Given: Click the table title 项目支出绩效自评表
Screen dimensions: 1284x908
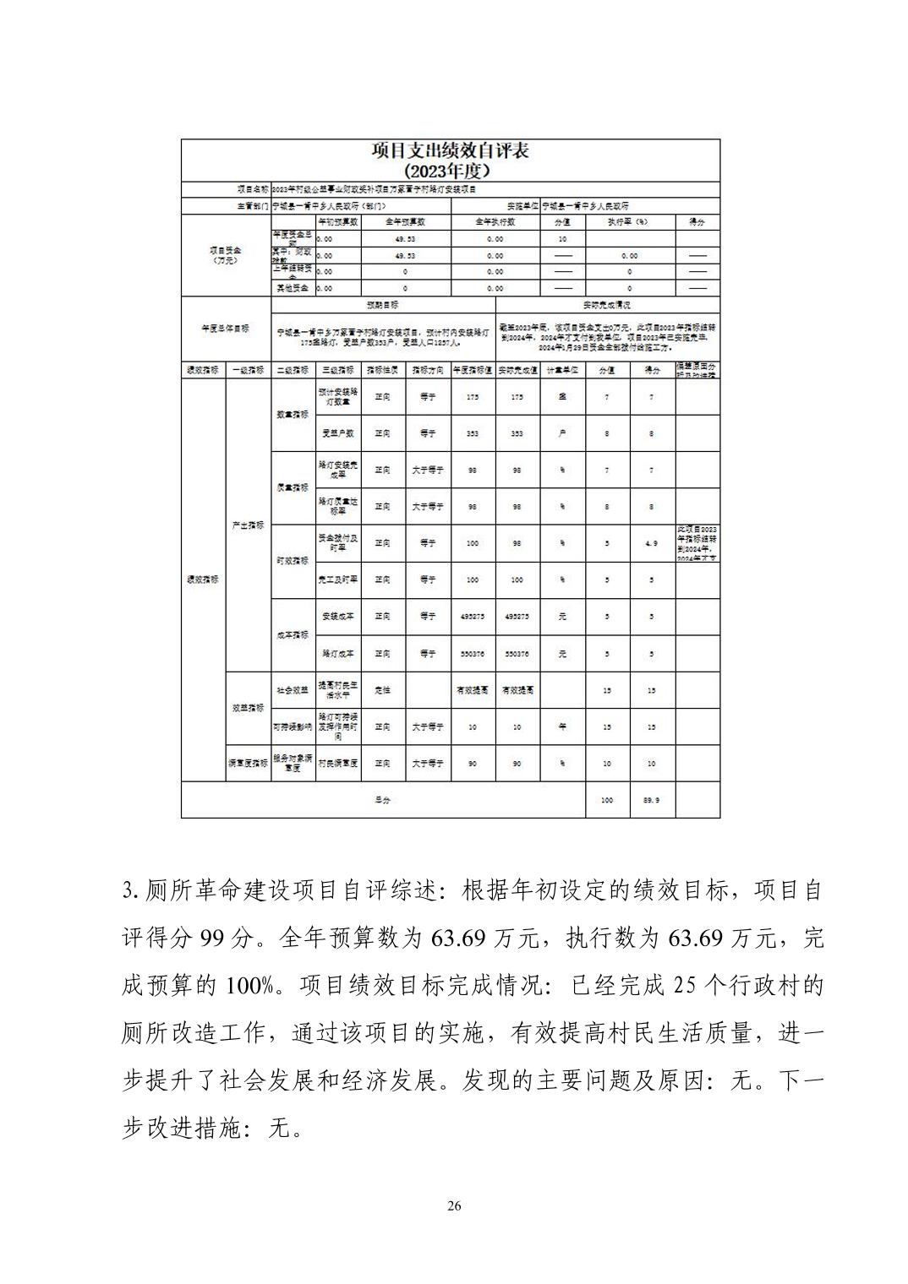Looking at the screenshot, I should pos(451,151).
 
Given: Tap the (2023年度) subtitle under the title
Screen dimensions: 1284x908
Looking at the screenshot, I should pos(451,170).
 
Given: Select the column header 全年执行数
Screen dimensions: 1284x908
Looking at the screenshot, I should pos(495,221).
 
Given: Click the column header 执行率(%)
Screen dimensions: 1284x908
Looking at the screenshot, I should pos(629,221).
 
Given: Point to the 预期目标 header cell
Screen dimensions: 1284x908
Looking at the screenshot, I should pos(382,305).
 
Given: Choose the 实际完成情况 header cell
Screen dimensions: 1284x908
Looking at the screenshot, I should pos(607,305).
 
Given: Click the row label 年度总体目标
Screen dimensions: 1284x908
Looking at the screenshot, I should pos(225,329).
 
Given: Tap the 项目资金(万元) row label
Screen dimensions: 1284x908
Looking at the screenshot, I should pos(225,255).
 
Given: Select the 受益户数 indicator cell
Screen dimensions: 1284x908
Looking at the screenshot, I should pos(338,433).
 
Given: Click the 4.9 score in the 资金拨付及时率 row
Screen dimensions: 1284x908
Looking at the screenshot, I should pos(651,543).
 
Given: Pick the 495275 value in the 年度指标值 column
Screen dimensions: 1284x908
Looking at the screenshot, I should pos(472,617).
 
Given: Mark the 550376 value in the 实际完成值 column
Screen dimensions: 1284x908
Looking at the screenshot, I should pos(517,654).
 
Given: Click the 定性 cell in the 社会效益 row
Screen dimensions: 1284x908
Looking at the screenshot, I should pos(382,690).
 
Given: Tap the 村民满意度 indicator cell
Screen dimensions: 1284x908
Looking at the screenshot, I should pos(338,763).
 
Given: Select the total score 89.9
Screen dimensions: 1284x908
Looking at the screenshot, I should pos(651,799).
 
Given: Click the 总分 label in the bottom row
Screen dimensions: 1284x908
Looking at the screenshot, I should pos(382,799).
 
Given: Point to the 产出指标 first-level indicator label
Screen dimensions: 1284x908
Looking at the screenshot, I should pos(248,525).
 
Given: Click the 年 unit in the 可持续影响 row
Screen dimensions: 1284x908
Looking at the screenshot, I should pos(562,726).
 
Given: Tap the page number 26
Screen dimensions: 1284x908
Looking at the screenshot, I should pos(454,1205).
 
